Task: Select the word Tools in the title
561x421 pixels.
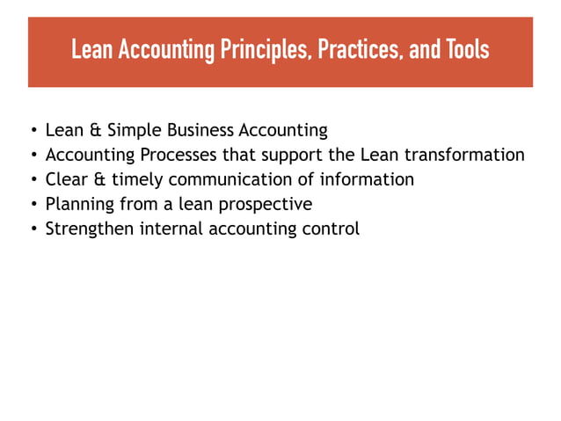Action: point(466,50)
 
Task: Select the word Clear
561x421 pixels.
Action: point(67,180)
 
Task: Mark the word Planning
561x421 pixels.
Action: point(81,205)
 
